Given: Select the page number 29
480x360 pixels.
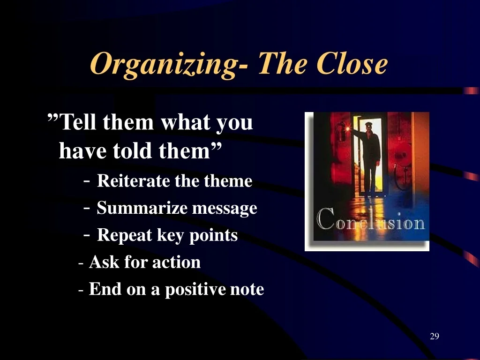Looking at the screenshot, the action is [435, 336].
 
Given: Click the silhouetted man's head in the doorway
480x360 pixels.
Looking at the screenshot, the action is [369, 126].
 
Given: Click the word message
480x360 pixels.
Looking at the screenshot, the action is [225, 208].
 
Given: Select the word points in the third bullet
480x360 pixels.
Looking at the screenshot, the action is [213, 236].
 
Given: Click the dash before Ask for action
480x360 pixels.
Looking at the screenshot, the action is [81, 263].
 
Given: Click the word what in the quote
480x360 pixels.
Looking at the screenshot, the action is [186, 122].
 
